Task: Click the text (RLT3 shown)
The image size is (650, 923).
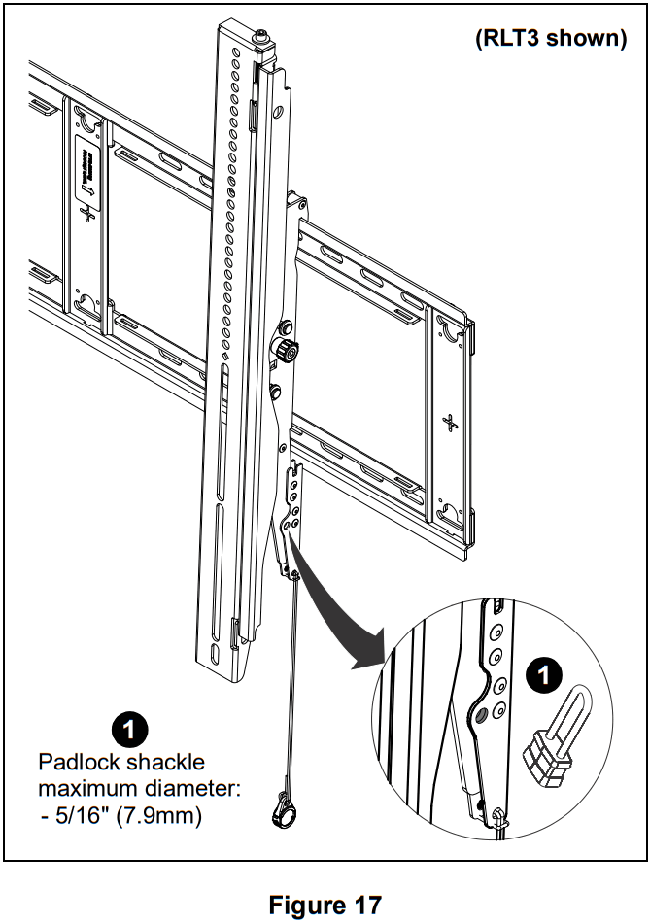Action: (550, 38)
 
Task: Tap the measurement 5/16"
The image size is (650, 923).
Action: (82, 816)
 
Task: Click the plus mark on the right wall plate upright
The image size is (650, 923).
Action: (448, 423)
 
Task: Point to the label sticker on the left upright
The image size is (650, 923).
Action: (86, 170)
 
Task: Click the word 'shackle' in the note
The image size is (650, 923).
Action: (163, 762)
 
